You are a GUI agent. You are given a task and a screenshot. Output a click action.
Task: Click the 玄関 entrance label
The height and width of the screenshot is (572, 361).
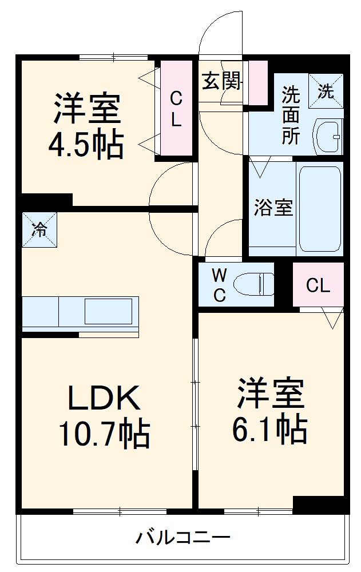[x=221, y=82]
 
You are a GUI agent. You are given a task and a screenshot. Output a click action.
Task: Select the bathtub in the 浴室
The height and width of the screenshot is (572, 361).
[x=320, y=209]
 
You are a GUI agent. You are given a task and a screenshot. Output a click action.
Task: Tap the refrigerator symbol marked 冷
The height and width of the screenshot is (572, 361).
[x=39, y=229]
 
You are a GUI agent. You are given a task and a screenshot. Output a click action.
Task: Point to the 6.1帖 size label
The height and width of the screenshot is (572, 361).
[x=269, y=428]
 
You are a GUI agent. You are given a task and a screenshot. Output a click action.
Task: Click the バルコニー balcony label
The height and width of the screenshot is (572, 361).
[x=183, y=538]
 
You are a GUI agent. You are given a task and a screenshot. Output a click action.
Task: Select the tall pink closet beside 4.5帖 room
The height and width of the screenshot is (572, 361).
[x=176, y=109]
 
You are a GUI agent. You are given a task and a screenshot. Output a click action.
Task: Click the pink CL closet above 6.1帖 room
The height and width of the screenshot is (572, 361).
[x=318, y=285]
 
